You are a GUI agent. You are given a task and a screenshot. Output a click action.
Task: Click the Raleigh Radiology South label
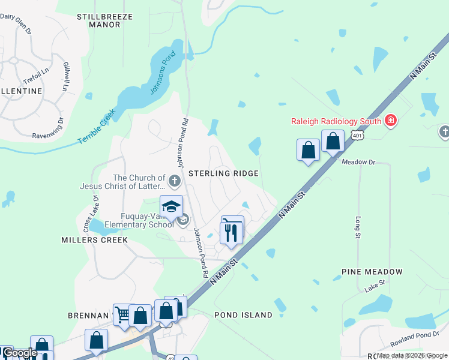click(x=337, y=121)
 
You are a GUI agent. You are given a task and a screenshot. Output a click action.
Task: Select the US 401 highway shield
click(x=358, y=136)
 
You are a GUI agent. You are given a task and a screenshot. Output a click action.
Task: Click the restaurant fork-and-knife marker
click(x=232, y=230)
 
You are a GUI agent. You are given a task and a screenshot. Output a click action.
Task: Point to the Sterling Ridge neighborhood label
click(x=223, y=173)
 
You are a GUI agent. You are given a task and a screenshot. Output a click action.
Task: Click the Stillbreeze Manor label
click(x=104, y=21)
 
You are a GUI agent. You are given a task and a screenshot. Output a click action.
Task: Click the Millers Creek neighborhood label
click(x=94, y=240)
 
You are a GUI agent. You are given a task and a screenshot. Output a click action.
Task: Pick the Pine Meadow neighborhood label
click(x=372, y=272)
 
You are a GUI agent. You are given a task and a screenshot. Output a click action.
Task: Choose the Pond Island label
click(x=243, y=315)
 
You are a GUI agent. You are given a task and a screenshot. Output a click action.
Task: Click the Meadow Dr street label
click(x=358, y=162)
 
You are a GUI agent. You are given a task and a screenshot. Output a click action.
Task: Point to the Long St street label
click(x=358, y=227)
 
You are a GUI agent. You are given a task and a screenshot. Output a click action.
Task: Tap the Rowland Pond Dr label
click(x=410, y=340)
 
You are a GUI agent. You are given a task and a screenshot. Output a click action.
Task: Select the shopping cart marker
click(x=122, y=314)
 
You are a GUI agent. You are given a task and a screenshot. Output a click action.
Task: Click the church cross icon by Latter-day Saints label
click(x=175, y=181)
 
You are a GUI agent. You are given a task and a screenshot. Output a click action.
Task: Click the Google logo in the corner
click(x=20, y=353)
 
